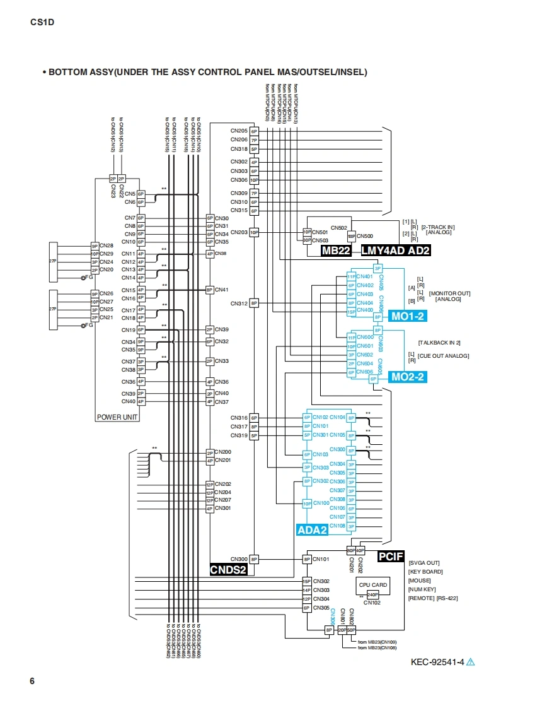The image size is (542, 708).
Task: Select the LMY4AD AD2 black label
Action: coord(396,251)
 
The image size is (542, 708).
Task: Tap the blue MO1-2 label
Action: coord(408,316)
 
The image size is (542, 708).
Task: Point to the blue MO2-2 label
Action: coord(408,377)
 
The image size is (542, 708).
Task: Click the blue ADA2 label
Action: coord(312,530)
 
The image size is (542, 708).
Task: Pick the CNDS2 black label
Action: coord(228,570)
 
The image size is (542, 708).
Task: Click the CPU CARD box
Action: coord(373,585)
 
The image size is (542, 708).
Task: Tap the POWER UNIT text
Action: coord(117,417)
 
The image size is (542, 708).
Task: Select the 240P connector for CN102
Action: coord(372,594)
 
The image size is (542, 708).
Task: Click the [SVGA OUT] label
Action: coord(424,563)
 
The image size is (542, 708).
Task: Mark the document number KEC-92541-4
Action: coord(437,662)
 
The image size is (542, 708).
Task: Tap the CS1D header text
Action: coord(42,23)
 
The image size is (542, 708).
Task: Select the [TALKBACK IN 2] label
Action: coord(439,342)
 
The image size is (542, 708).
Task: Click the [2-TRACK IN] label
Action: coord(438,227)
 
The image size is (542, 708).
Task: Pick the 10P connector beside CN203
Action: coord(255,232)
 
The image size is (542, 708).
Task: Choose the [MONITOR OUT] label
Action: coord(449,293)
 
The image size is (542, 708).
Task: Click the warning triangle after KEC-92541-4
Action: coord(470,662)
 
